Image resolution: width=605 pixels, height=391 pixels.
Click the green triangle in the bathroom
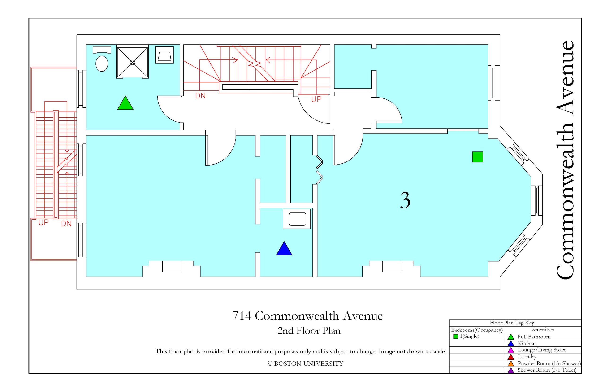[125, 103]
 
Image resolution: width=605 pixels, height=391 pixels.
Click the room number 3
[405, 200]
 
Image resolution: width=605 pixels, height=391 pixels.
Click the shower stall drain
[132, 62]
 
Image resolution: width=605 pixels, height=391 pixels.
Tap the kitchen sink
[297, 219]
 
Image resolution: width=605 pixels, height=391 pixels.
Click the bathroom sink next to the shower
[164, 55]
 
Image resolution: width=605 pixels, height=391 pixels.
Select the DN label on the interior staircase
[200, 96]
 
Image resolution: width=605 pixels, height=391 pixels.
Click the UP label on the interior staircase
[316, 99]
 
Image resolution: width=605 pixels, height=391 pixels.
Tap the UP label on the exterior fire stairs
[43, 223]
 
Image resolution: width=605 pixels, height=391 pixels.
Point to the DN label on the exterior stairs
[66, 224]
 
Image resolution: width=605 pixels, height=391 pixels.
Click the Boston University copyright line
[305, 364]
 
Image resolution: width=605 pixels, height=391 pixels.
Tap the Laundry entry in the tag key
[527, 357]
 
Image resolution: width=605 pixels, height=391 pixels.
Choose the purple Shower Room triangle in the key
[511, 370]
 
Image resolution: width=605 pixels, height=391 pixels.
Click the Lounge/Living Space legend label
[542, 350]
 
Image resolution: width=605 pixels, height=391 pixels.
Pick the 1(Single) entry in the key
[469, 336]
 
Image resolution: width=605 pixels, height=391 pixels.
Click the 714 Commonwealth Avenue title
[307, 316]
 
